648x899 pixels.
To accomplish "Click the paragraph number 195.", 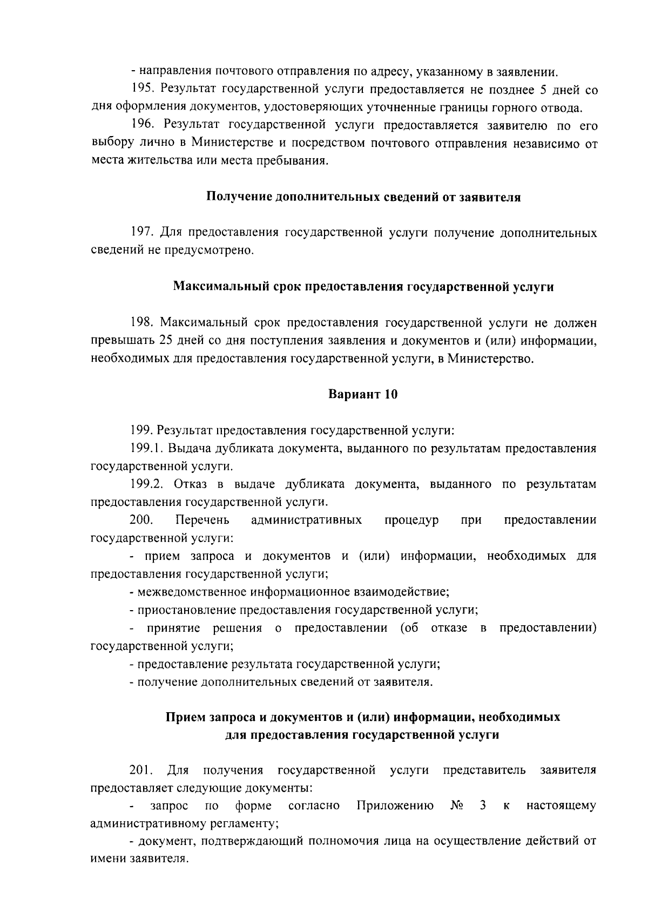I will pyautogui.click(x=142, y=89).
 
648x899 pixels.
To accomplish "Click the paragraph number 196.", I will pyautogui.click(x=142, y=125).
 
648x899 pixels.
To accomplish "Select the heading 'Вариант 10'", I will pyautogui.click(x=363, y=395).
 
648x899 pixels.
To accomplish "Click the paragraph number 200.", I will pyautogui.click(x=141, y=520).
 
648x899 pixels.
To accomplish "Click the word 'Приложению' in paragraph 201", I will pyautogui.click(x=396, y=806).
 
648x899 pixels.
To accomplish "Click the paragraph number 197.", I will pyautogui.click(x=142, y=233).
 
